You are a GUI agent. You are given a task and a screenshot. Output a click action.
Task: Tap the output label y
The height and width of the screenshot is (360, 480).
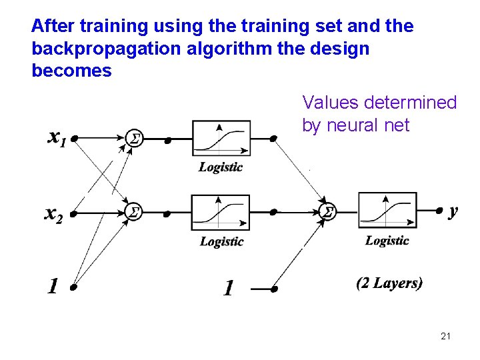click(x=453, y=211)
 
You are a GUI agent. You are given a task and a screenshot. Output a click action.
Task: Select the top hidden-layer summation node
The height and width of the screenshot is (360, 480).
click(x=134, y=139)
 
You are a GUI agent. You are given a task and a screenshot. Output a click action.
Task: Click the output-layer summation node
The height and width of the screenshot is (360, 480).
click(x=327, y=212)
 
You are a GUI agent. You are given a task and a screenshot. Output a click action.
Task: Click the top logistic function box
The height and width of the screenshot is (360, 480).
click(x=221, y=139)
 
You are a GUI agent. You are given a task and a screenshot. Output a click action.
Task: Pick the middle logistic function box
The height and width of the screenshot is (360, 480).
click(x=221, y=213)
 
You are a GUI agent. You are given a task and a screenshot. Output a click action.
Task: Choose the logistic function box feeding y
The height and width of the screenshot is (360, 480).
click(x=387, y=211)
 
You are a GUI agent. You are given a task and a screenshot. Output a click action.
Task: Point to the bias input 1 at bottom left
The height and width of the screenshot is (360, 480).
click(x=53, y=287)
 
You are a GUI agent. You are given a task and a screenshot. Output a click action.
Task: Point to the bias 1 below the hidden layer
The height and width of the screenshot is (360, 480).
click(x=228, y=289)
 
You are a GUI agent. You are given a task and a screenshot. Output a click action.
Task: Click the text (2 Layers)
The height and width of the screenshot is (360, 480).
click(x=389, y=283)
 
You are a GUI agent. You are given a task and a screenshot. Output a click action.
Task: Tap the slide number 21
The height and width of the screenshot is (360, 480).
click(x=445, y=337)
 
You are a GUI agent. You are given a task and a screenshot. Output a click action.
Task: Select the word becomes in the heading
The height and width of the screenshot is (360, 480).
click(x=71, y=71)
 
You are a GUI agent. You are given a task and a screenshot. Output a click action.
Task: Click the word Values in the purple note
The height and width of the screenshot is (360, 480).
click(x=328, y=103)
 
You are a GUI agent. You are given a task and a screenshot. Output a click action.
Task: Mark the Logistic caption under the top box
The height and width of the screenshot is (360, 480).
click(x=221, y=167)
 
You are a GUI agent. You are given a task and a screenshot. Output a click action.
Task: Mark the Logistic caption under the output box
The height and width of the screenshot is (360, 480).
click(x=387, y=240)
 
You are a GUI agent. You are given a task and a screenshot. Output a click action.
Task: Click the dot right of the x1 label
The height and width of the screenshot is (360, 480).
click(x=75, y=139)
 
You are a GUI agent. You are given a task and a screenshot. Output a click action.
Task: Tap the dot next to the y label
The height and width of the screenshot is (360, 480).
click(x=438, y=211)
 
